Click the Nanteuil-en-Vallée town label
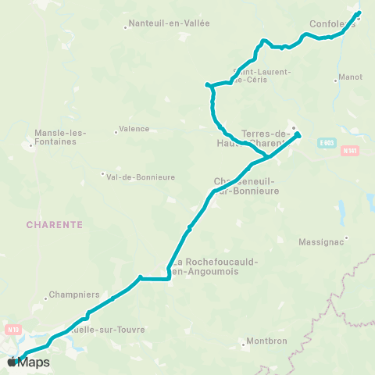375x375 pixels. [x=170, y=23]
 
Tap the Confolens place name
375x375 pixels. [x=332, y=23]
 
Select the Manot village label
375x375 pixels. [x=349, y=78]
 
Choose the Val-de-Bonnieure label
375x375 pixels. [x=141, y=177]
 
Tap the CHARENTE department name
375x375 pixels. [x=55, y=223]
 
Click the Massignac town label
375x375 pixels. [x=320, y=243]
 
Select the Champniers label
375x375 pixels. [x=73, y=295]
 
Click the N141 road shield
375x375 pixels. [x=349, y=151]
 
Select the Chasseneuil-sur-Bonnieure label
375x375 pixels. [x=246, y=185]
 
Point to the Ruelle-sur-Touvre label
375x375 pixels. [x=110, y=330]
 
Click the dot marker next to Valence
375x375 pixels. [x=113, y=130]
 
